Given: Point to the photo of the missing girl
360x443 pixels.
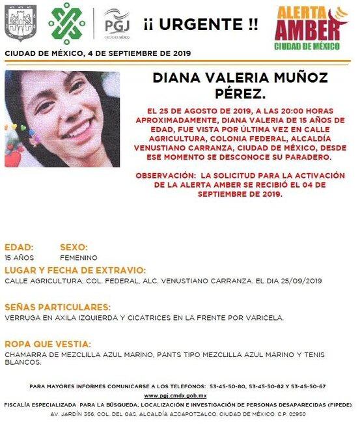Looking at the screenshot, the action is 62,119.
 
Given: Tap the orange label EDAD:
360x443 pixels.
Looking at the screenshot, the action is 19,248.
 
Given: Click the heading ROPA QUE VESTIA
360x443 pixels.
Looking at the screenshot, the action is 47,343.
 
